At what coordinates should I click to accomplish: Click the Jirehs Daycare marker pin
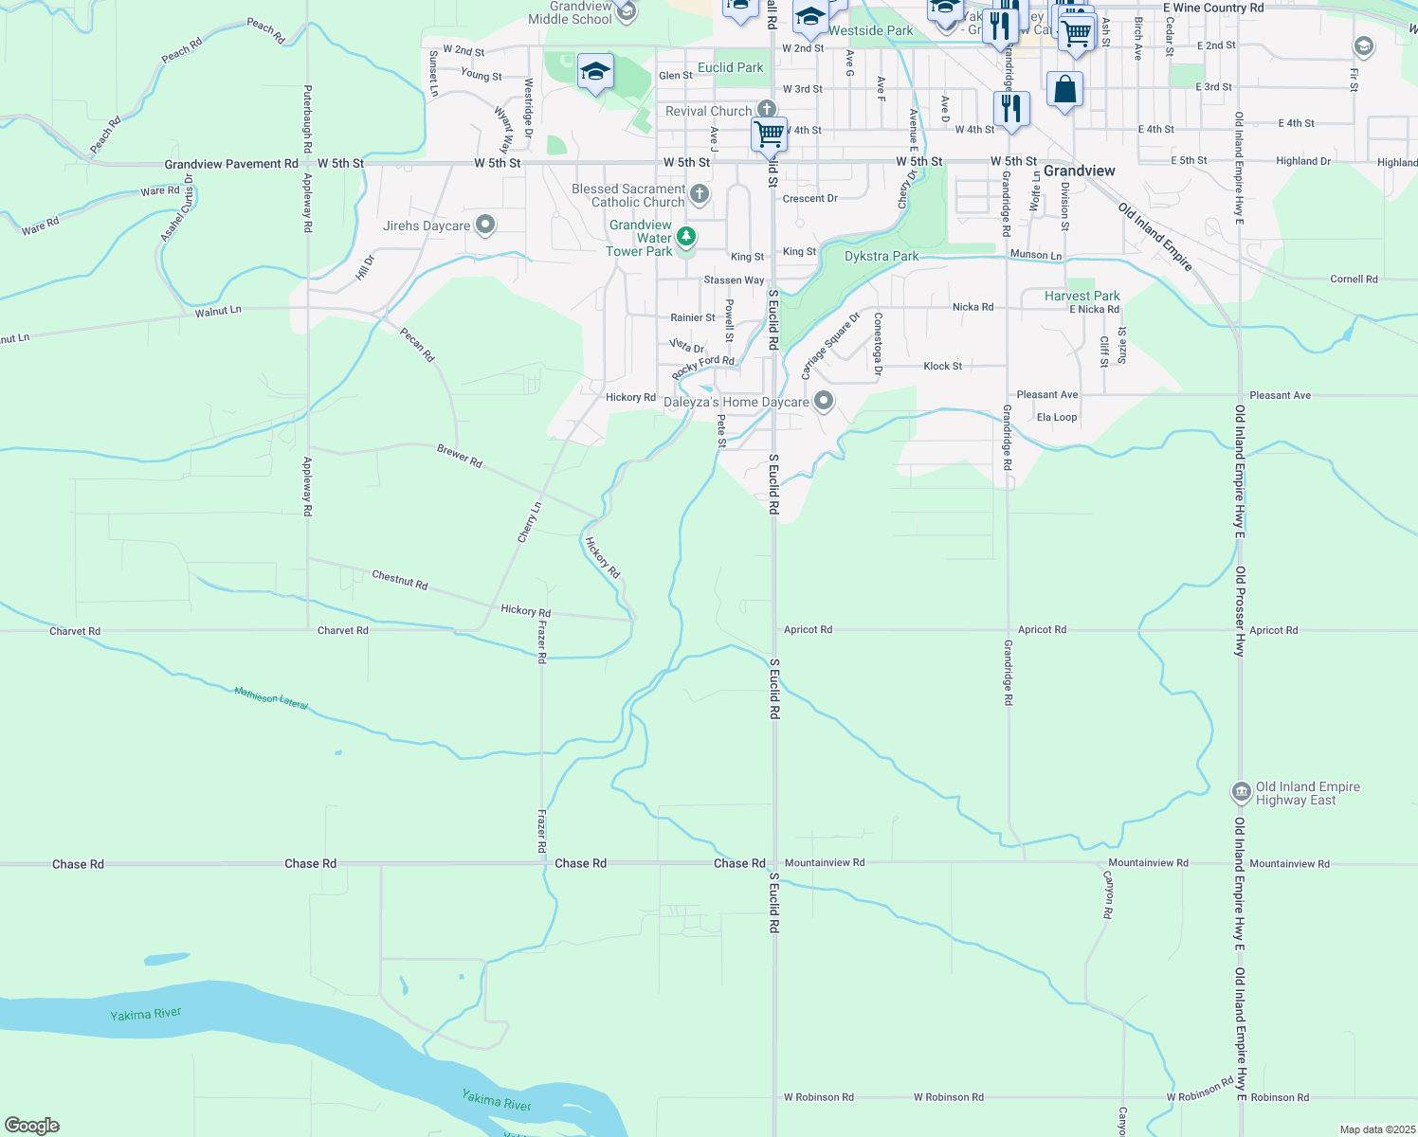point(485,225)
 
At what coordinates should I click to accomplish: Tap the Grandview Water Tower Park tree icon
point(685,236)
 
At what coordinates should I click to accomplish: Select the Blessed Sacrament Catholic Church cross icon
point(700,194)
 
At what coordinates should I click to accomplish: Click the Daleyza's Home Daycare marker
point(824,401)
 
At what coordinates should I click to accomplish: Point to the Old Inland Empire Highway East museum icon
point(1241,791)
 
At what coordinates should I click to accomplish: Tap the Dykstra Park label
point(882,256)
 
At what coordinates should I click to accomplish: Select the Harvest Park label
point(1082,296)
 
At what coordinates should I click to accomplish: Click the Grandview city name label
point(1079,171)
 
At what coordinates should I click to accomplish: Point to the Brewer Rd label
point(460,456)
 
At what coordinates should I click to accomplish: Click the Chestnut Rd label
point(400,579)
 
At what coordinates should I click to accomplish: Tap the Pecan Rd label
point(417,344)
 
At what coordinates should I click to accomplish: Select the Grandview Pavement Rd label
point(231,164)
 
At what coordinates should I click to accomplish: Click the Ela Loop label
point(1057,417)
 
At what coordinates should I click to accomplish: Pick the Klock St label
point(942,366)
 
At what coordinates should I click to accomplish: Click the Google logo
point(32,1125)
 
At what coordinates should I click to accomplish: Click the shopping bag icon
point(1065,90)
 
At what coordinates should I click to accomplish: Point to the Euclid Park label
point(730,67)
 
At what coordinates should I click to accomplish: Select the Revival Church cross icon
point(766,110)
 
